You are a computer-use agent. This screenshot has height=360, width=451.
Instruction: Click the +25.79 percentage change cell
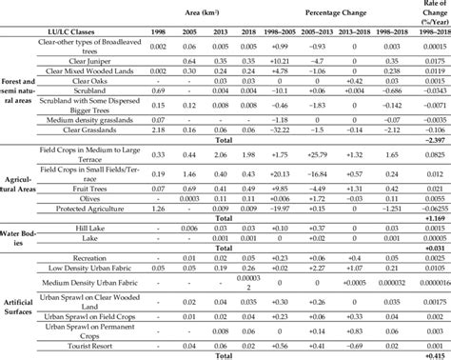319,180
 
